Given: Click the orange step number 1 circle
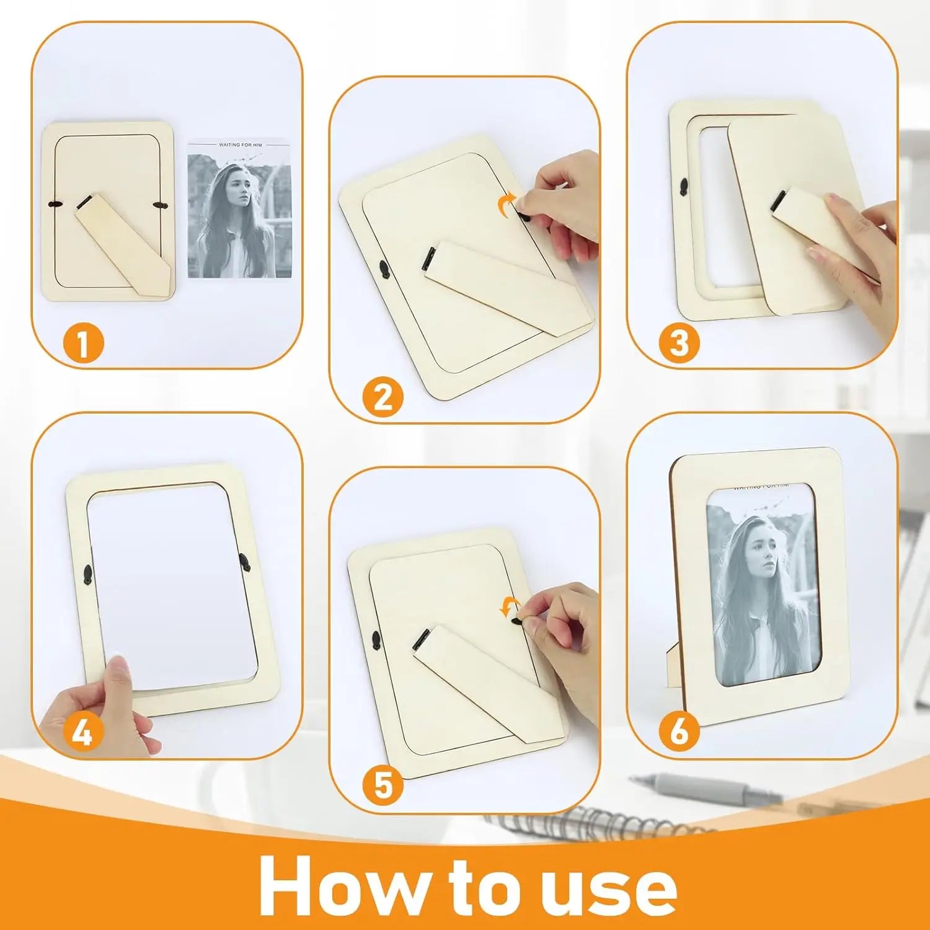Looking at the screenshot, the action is tap(83, 343).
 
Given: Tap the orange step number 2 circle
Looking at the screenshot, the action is tap(383, 397).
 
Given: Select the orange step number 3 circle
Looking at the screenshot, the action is tap(679, 342).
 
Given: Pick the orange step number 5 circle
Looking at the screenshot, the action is tap(383, 786).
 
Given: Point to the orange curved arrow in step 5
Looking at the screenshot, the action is tap(510, 608).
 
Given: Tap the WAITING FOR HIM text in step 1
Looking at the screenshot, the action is tap(241, 145).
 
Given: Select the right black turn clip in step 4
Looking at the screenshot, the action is tap(246, 563).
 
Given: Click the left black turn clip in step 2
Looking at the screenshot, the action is tap(384, 269).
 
